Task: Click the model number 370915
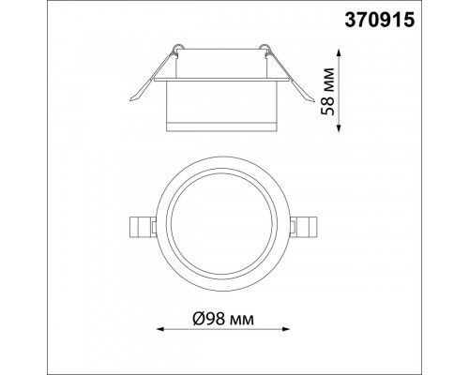380,21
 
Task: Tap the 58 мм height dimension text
328,91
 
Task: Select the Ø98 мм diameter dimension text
223,319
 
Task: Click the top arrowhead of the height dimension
340,52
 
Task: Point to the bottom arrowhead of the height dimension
340,128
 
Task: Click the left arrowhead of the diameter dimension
160,329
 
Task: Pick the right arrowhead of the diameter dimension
286,329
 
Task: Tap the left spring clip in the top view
143,226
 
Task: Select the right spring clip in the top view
303,226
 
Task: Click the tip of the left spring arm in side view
130,100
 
